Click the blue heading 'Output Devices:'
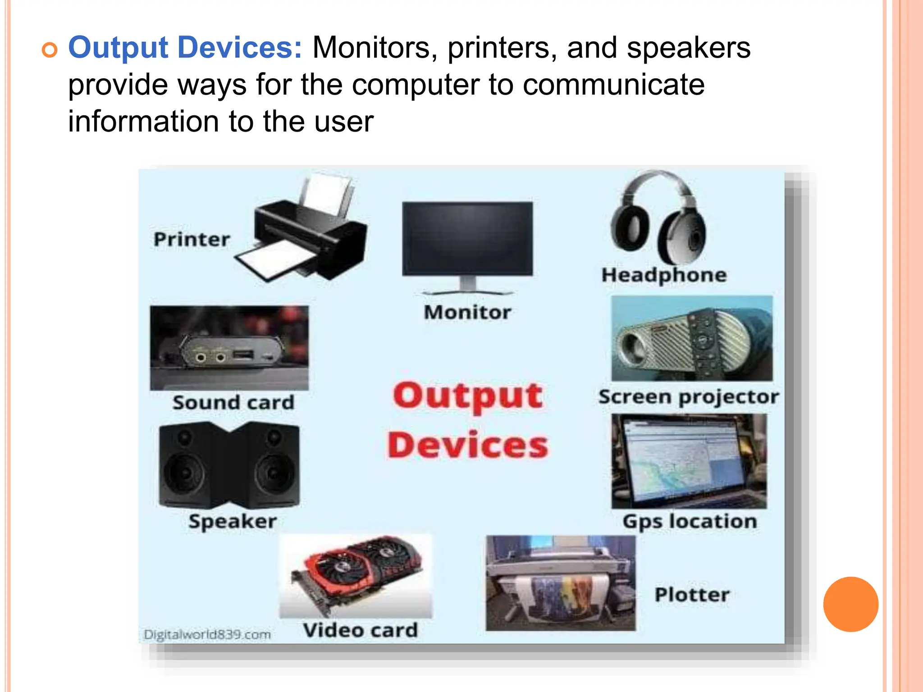click(185, 48)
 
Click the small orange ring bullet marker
click(50, 50)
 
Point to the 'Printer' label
click(192, 239)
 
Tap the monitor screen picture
click(467, 239)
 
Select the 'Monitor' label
click(467, 312)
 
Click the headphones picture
click(658, 219)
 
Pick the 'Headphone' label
click(664, 275)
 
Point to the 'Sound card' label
click(233, 402)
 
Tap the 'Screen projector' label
click(688, 397)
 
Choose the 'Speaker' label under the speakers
click(233, 521)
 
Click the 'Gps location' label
click(690, 521)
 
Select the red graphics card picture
click(356, 574)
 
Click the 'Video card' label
click(360, 630)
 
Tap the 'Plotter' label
click(692, 595)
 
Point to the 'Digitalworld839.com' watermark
click(207, 634)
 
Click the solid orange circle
click(850, 604)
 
